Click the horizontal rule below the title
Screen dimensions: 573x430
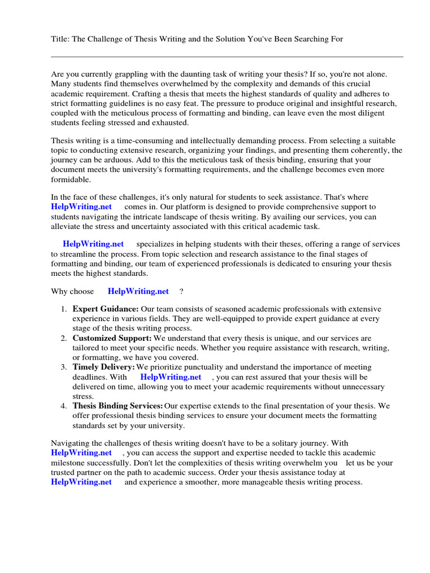(x=227, y=57)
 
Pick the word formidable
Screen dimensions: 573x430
(x=70, y=180)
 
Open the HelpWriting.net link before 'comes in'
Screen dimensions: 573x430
(x=81, y=206)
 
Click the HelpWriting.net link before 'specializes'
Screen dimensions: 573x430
(x=93, y=244)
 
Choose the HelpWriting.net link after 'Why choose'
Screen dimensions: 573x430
(x=138, y=291)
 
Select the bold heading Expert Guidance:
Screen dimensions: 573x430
(x=105, y=309)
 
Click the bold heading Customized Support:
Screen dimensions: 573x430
(x=112, y=338)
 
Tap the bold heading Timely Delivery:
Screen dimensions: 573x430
(x=104, y=367)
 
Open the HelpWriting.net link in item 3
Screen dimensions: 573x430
(x=170, y=377)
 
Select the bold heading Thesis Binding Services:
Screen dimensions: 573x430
(x=118, y=406)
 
